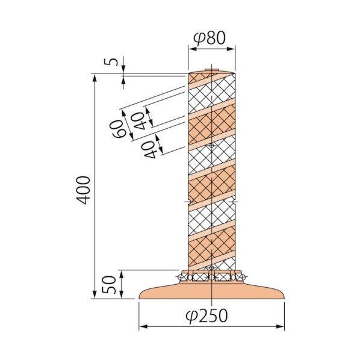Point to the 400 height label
pos(84,190)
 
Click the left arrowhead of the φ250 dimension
pos(143,327)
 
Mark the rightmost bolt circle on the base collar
pos(241,276)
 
